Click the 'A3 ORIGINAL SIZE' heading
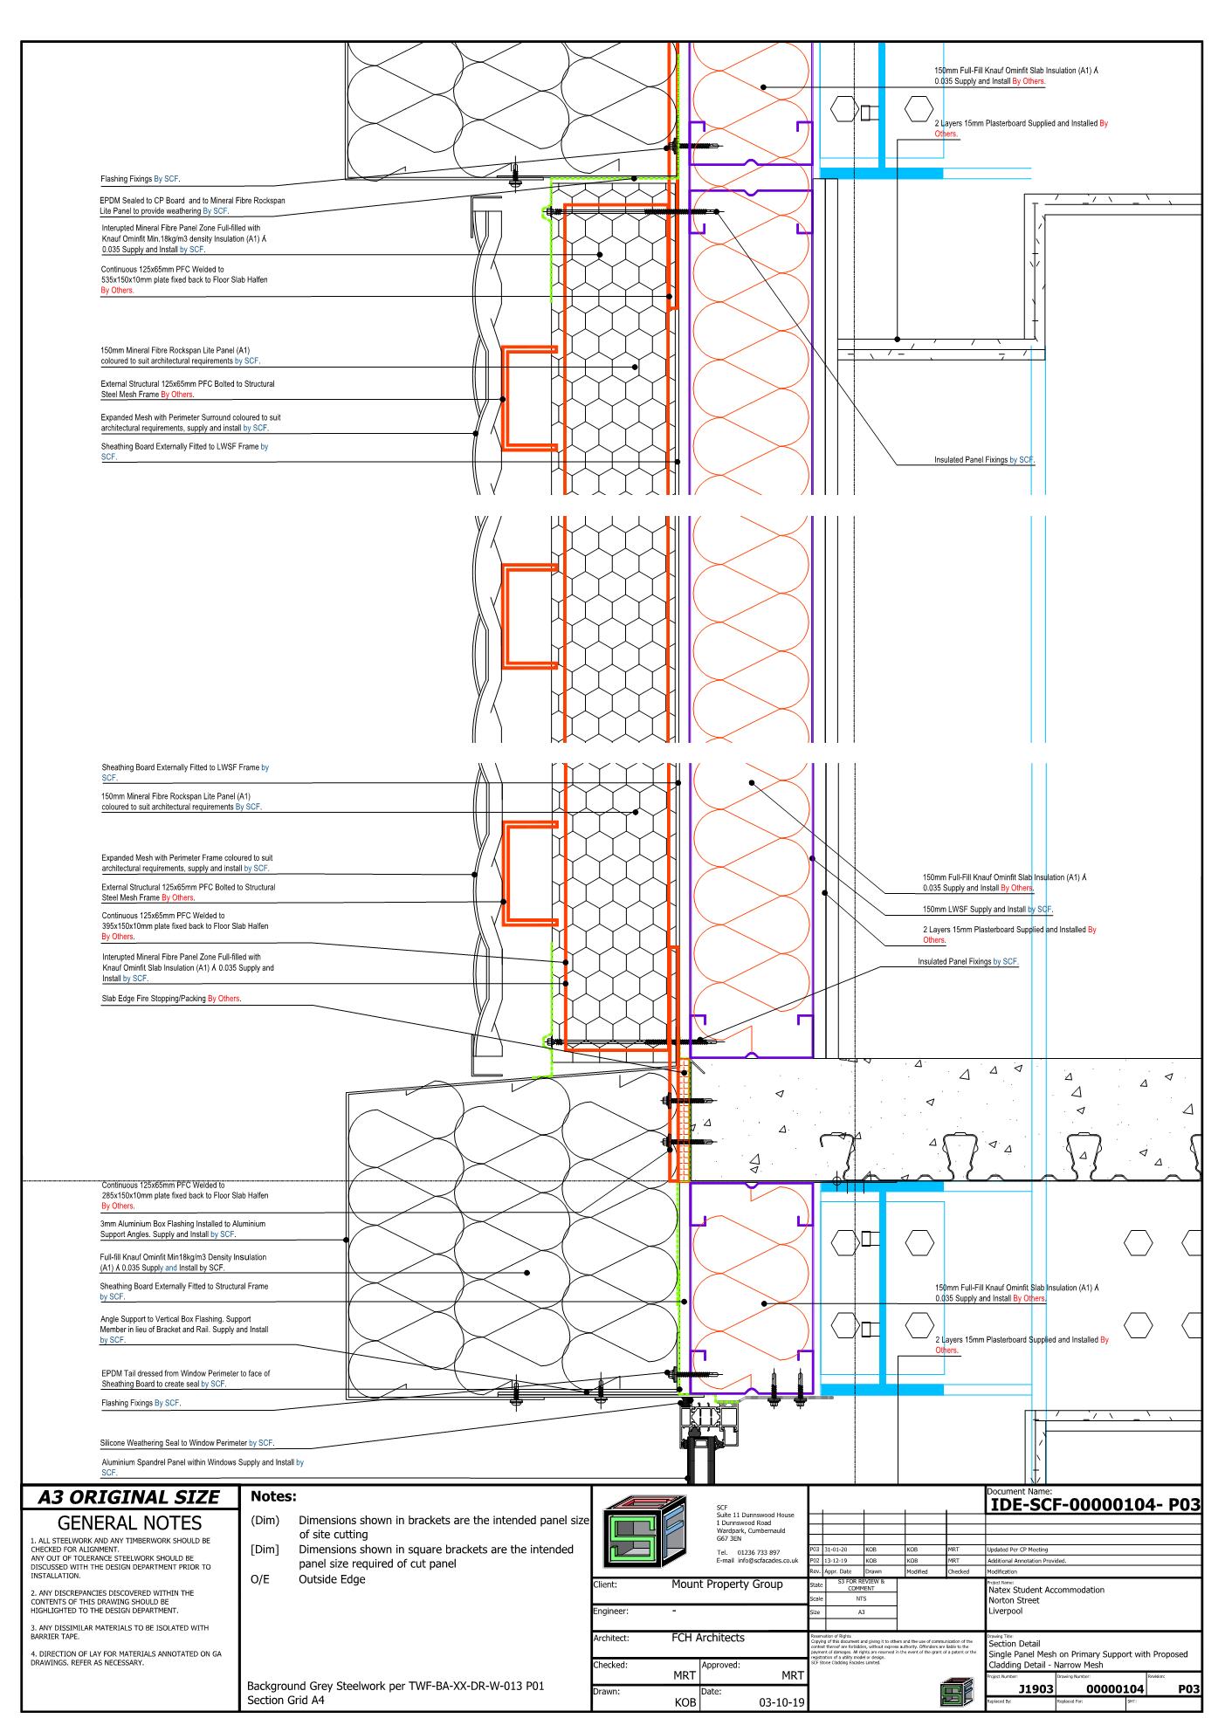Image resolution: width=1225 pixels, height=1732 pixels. click(x=128, y=1497)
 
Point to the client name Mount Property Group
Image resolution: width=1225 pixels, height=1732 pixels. click(x=726, y=1584)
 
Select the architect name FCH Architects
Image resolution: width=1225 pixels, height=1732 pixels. click(x=707, y=1638)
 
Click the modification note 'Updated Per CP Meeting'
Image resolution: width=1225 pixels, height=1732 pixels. click(x=1018, y=1550)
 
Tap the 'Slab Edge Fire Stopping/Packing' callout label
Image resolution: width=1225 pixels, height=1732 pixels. click(x=171, y=998)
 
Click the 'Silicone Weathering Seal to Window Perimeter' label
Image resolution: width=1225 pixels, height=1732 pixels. click(x=187, y=1443)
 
